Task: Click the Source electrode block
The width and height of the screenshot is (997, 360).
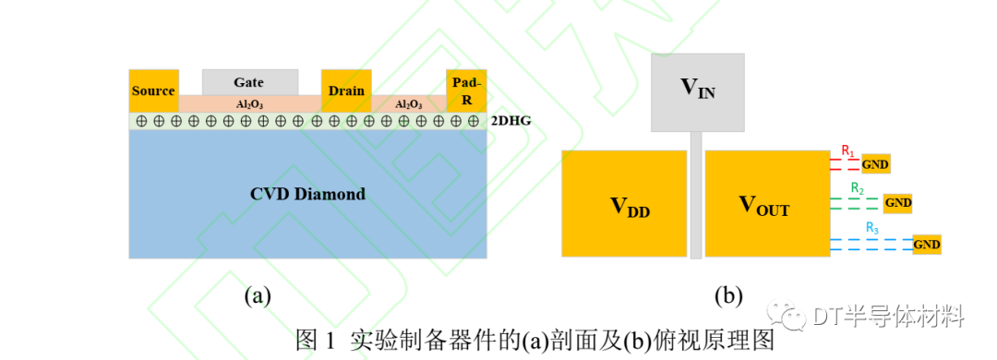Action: [x=153, y=90]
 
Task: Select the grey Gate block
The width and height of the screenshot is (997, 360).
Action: [x=249, y=81]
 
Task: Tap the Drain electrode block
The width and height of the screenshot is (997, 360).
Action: [x=346, y=90]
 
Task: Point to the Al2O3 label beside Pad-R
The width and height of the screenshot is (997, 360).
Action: [x=409, y=104]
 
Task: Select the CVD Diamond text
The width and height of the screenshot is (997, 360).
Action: [x=307, y=194]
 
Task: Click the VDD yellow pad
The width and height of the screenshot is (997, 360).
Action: [x=624, y=203]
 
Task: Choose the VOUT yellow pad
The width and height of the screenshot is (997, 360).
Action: [x=766, y=203]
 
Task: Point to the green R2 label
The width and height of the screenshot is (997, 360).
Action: [x=858, y=189]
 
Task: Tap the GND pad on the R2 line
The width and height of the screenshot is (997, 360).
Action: [x=897, y=202]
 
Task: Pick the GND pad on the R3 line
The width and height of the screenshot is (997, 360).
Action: [x=926, y=244]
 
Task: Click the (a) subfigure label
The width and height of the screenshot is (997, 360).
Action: [x=258, y=295]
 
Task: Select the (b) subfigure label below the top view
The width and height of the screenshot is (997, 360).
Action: [x=728, y=295]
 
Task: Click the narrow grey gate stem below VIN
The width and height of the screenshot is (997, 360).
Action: [x=696, y=194]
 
